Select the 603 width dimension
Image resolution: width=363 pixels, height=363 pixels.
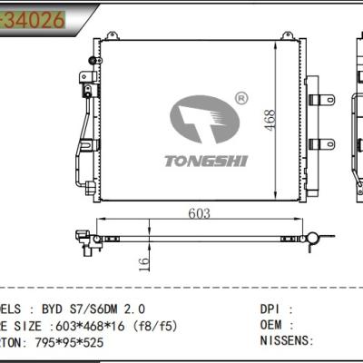[x=200, y=213]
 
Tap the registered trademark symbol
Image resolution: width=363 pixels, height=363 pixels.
[x=240, y=97]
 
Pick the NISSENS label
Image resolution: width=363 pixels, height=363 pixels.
[x=285, y=340]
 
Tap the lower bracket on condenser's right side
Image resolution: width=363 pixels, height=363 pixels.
[x=320, y=142]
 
